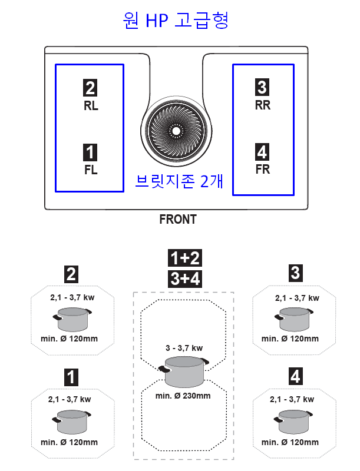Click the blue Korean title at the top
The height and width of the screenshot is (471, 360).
coord(176,21)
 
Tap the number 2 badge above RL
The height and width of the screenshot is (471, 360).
coord(90,88)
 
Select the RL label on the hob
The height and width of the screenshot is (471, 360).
coord(91,106)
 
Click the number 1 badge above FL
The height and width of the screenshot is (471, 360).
coord(90,152)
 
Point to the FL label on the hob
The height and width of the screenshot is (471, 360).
coord(91,170)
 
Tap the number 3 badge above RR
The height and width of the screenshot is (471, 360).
coord(262,87)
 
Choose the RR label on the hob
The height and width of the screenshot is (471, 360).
coord(263,105)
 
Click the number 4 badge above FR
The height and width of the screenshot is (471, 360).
coord(262,152)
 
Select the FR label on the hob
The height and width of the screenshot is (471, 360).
coord(263,170)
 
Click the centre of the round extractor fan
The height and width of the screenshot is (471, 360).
coord(176,131)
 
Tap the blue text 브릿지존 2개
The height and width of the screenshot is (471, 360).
coord(179,181)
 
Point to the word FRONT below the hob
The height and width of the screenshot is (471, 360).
coord(178,219)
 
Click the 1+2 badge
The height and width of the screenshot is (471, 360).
coord(185,258)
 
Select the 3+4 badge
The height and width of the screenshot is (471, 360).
coord(185,278)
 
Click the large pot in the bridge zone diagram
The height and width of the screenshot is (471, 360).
coord(184,372)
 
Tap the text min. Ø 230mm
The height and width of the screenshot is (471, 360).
coord(183,396)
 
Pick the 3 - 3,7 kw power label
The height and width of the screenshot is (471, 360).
coord(184,348)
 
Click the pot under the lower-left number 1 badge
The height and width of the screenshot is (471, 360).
coord(71,422)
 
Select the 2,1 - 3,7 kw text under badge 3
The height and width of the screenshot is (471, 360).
coord(297,298)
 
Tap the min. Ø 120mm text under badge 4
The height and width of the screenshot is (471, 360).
coord(290,442)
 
